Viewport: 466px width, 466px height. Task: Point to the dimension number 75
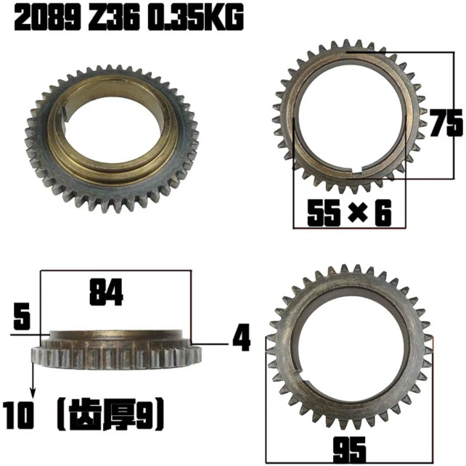[x=445, y=123]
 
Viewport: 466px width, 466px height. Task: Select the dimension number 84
[x=106, y=293]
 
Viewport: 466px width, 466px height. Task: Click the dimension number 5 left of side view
[x=23, y=318]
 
